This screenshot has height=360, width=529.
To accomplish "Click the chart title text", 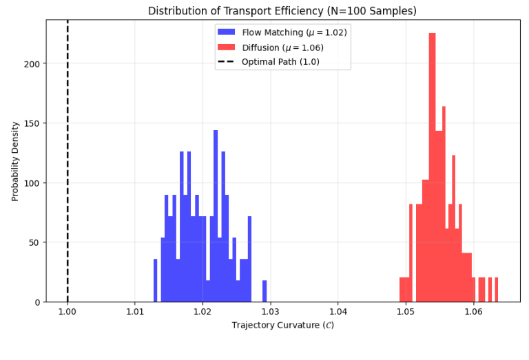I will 282,11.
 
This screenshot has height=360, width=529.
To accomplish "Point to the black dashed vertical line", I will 68,172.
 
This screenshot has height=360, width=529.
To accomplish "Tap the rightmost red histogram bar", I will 496,290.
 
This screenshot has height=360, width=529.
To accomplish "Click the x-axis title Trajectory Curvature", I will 282,325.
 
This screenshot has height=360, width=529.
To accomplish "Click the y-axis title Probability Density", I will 15,161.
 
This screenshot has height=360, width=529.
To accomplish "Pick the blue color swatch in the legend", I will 227,32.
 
